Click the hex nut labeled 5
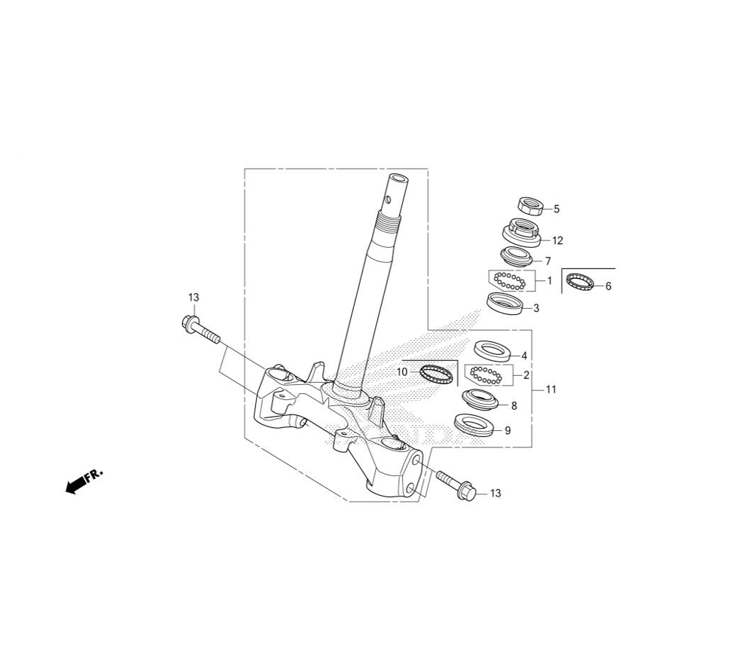[530, 206]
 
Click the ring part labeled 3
[505, 304]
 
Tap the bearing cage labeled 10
[437, 373]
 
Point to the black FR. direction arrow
[84, 481]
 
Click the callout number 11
[551, 390]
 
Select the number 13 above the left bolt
[193, 298]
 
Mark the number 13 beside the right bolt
[495, 493]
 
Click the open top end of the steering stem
[398, 179]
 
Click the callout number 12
[557, 240]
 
